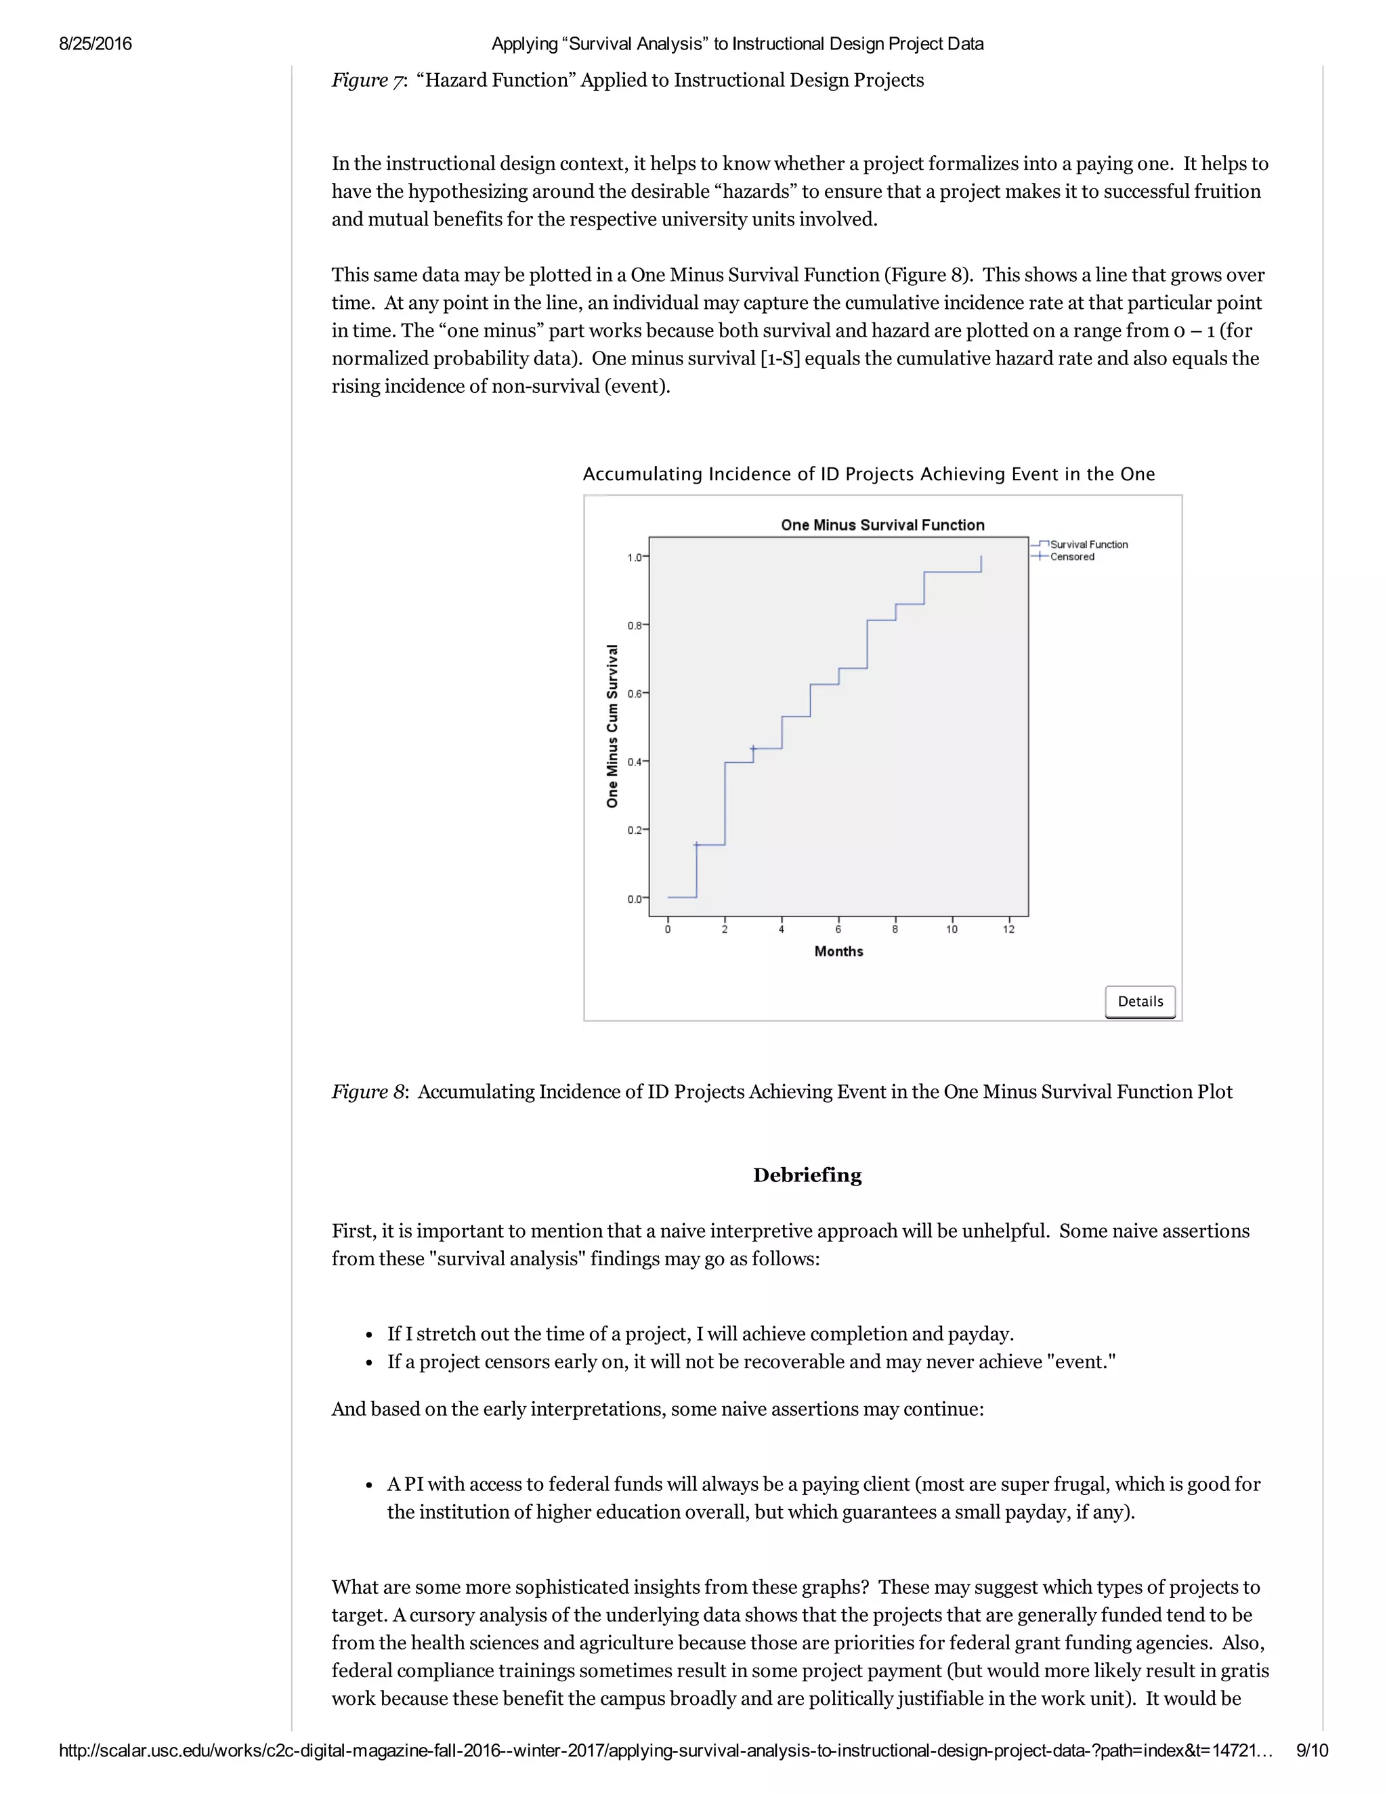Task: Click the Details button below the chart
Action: pos(1140,1001)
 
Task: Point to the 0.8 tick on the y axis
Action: pos(635,625)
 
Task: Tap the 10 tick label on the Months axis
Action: pos(952,929)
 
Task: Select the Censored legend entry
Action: pos(1071,556)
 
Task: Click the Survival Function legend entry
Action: pos(1088,544)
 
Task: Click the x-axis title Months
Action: pos(838,951)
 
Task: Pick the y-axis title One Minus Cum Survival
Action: pos(612,725)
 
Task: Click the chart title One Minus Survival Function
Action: pos(882,525)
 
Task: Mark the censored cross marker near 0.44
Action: pos(754,748)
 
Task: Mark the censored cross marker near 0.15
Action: pos(696,844)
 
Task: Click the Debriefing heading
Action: pos(807,1175)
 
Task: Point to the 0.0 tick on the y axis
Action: pos(635,899)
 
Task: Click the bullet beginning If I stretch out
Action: pos(700,1333)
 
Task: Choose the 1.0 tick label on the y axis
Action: pos(635,557)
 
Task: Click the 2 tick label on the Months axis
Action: pos(725,929)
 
